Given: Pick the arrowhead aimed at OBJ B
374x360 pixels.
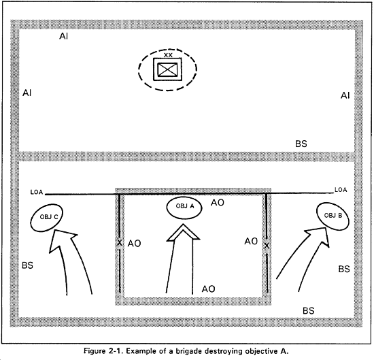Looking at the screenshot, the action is tap(318, 236).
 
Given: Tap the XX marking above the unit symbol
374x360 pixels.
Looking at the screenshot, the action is tap(168, 55).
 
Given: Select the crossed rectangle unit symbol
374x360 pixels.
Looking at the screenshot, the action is tap(167, 69).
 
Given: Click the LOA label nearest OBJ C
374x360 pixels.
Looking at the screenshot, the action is tap(37, 192).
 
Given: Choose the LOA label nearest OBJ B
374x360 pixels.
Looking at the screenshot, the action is tap(341, 190).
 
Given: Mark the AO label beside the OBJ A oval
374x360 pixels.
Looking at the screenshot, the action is tap(218, 203).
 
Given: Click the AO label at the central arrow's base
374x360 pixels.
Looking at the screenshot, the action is tap(209, 289).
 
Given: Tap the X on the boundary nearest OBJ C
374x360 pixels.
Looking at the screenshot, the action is tap(120, 243).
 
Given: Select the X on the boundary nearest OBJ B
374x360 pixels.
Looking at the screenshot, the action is tap(267, 246).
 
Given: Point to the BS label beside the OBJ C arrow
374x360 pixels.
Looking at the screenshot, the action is tap(27, 265).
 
